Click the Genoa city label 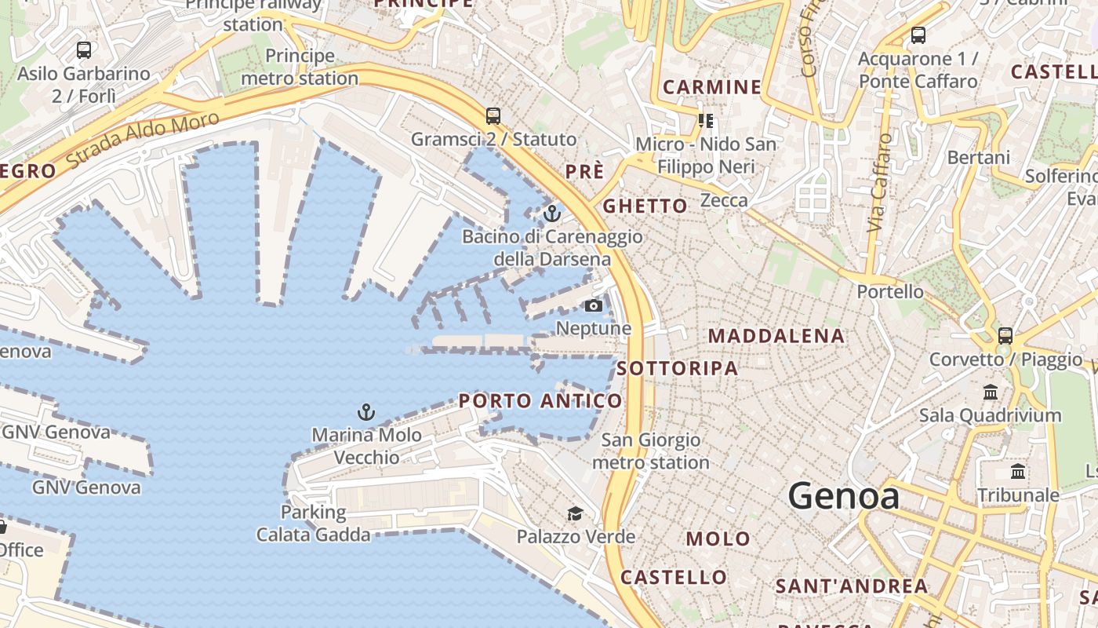coord(843,496)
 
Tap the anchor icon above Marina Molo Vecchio coord(365,411)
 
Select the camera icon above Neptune coord(594,305)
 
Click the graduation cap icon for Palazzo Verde coord(576,514)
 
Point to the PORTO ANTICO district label coord(540,401)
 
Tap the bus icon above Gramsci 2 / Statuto coord(493,116)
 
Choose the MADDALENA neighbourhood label coord(776,337)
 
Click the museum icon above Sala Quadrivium coord(990,392)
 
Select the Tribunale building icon coord(1018,472)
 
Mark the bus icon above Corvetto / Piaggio coord(1005,336)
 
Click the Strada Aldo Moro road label coord(143,140)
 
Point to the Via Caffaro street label coord(881,183)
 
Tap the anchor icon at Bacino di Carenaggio coord(552,213)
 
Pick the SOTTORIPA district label coord(678,368)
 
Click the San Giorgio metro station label coord(650,451)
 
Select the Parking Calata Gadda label coord(314,524)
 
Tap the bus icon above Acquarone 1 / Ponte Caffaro coord(918,35)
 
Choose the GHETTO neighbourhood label coord(645,206)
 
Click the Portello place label coord(890,292)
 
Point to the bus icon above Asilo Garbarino coord(84,50)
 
